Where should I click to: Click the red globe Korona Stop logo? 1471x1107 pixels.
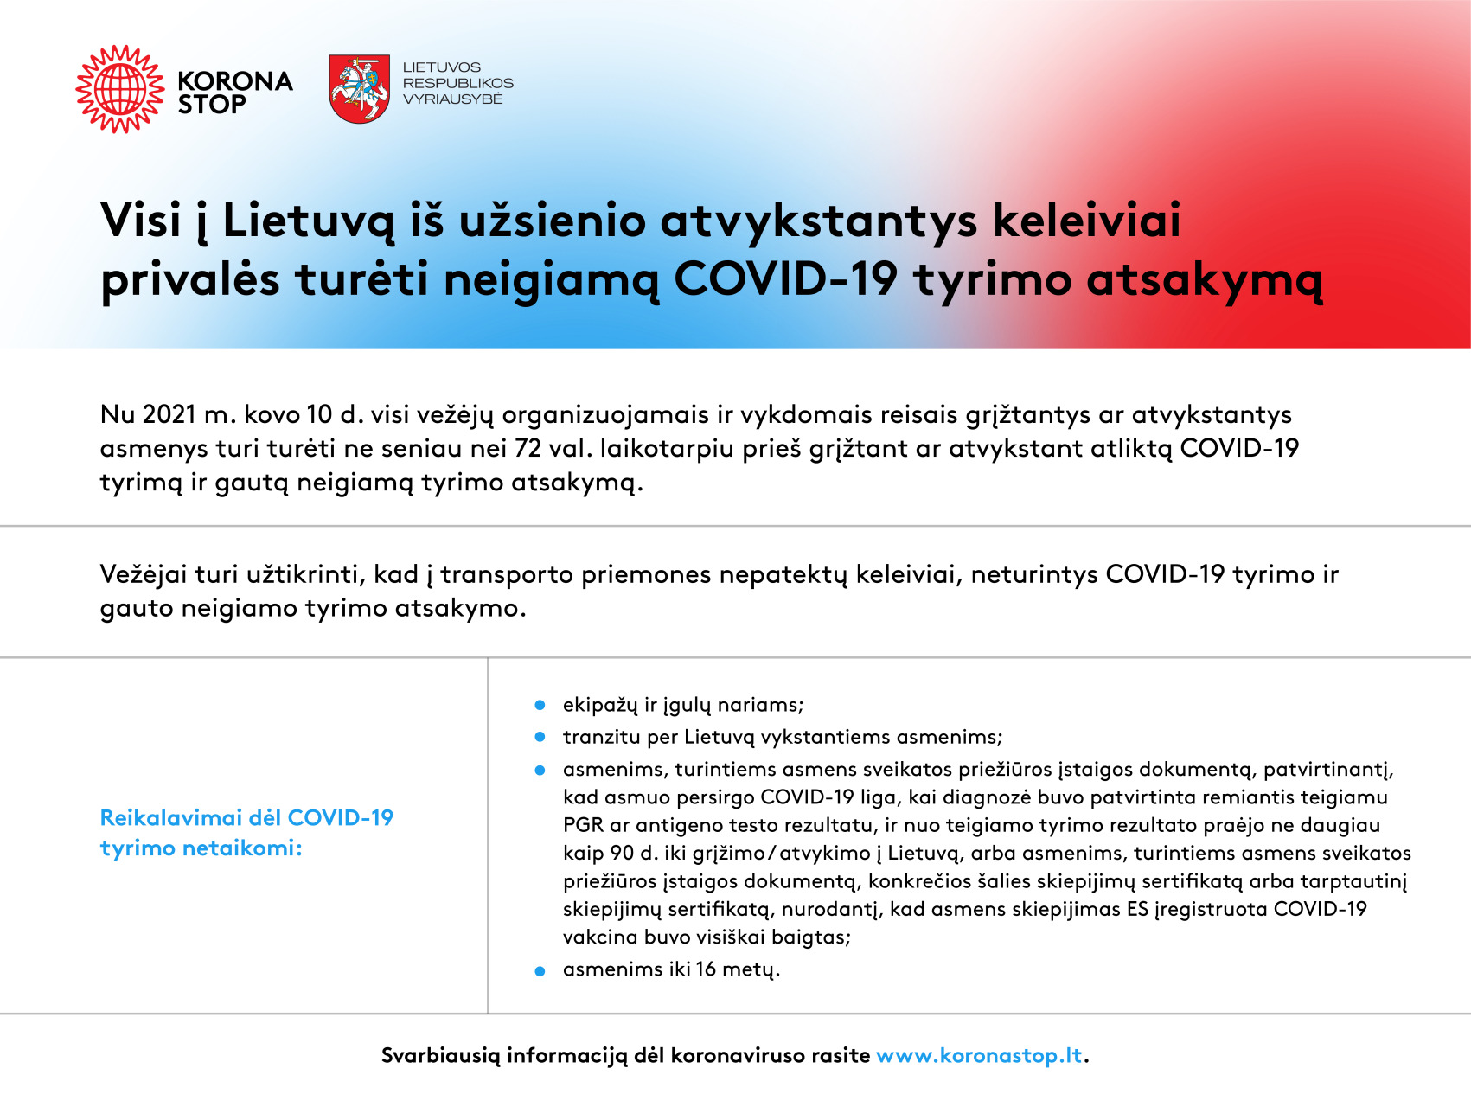120,89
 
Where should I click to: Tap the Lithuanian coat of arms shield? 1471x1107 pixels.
359,89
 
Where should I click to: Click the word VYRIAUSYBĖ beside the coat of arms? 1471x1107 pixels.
452,99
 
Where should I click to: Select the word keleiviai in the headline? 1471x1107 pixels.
1086,220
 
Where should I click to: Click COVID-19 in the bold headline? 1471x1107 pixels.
785,279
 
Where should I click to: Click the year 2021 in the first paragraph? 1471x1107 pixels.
169,414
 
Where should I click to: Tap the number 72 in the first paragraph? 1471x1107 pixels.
528,448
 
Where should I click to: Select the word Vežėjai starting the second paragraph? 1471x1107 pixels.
144,574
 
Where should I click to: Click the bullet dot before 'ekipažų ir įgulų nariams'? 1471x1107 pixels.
540,706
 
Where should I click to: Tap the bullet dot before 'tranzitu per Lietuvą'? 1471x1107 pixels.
540,737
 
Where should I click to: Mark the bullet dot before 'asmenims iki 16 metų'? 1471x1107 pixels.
540,971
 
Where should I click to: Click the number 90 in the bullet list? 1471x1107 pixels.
622,853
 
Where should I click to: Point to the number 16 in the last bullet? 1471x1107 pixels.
706,969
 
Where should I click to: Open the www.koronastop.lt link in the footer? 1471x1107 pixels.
979,1055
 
